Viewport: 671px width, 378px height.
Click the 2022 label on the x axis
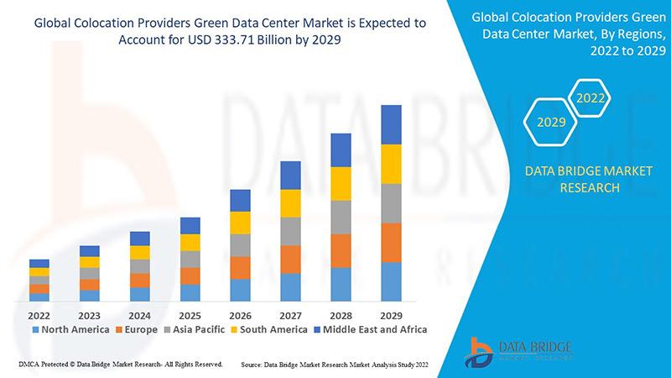click(x=39, y=315)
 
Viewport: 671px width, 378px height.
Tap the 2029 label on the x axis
click(x=391, y=315)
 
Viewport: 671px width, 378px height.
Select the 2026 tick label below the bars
click(x=240, y=315)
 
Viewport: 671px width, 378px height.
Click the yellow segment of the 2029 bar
click(x=391, y=164)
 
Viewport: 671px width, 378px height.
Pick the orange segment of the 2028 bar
click(x=341, y=250)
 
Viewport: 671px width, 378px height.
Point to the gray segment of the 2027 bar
click(x=290, y=231)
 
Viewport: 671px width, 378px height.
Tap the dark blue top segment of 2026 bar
click(x=240, y=200)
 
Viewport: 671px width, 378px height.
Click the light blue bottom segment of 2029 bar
click(x=391, y=281)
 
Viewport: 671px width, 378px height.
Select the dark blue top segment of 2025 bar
click(x=190, y=225)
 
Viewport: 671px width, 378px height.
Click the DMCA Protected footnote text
click(x=118, y=365)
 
